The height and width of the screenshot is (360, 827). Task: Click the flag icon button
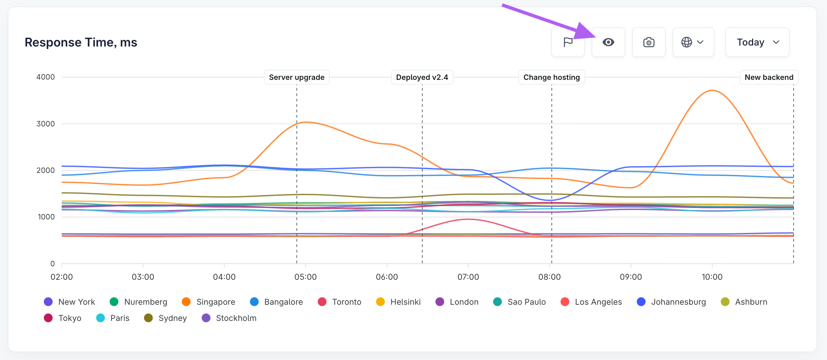click(568, 42)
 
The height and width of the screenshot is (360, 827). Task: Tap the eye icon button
click(608, 42)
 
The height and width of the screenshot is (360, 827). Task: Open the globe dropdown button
click(693, 42)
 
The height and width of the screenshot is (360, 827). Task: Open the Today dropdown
click(757, 42)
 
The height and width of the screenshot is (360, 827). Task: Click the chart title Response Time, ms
click(81, 42)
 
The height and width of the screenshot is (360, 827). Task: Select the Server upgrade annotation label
click(297, 77)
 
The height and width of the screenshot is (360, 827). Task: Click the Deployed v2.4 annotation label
click(422, 77)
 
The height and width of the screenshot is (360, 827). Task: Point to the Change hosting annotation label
click(552, 77)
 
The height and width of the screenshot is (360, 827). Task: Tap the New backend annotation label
click(769, 77)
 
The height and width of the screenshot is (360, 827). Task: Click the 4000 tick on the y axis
click(46, 77)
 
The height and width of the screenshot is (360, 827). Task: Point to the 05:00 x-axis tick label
click(306, 277)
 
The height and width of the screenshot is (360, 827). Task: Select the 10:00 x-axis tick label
click(712, 277)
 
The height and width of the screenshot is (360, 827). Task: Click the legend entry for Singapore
click(208, 302)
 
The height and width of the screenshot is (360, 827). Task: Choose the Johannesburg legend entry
click(671, 302)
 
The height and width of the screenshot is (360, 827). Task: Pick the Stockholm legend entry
click(229, 318)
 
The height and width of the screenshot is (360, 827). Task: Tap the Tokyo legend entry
click(63, 318)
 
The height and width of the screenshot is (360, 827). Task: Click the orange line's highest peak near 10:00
click(712, 90)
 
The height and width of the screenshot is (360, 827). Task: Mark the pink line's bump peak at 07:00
click(468, 219)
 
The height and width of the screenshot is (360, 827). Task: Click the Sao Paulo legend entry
click(519, 302)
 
